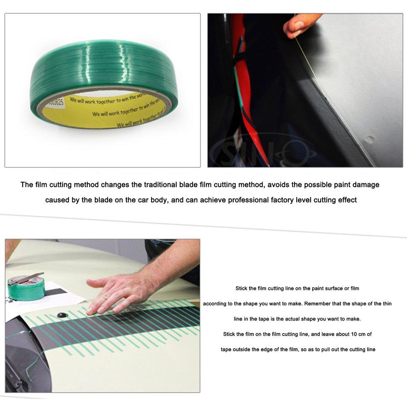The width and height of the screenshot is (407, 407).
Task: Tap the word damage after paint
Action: coord(365,185)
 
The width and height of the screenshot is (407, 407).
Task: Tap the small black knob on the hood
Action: coord(62,315)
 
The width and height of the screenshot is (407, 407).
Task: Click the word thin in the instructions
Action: coord(384,304)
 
